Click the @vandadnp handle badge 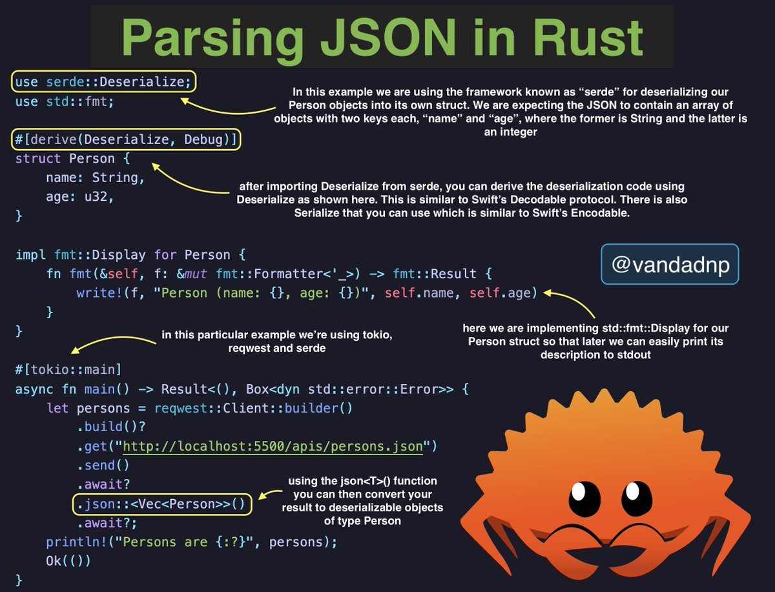(670, 263)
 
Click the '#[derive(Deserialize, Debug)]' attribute (126, 139)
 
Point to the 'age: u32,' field (80, 197)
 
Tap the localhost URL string (272, 446)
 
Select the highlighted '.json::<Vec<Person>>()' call (161, 504)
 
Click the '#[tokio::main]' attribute (68, 370)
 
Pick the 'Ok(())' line (68, 560)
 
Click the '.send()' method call (103, 465)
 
